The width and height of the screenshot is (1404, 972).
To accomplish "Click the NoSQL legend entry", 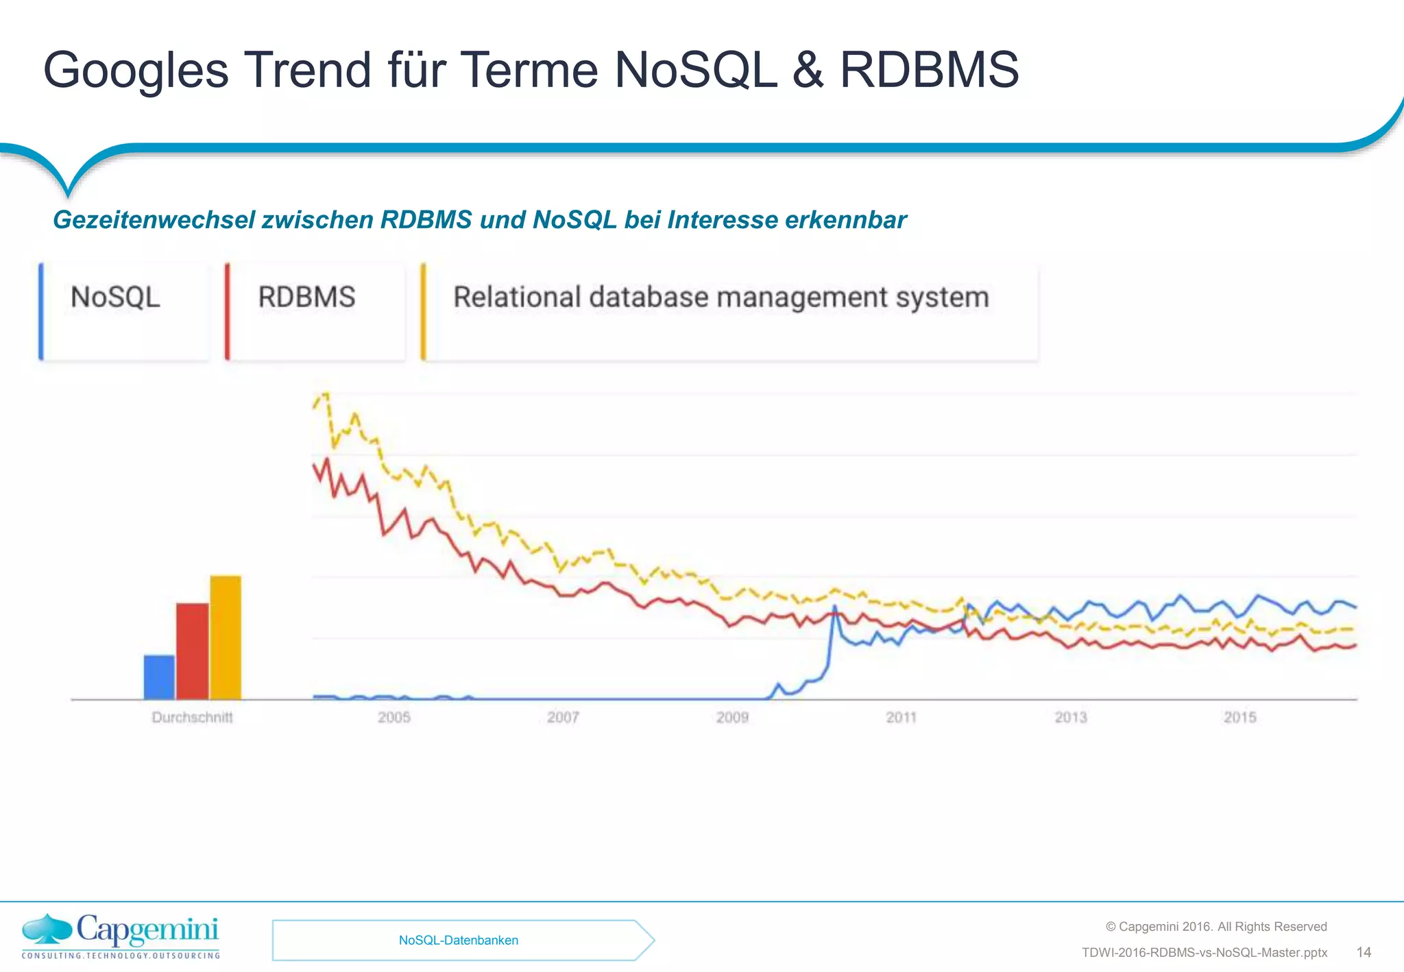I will (x=116, y=297).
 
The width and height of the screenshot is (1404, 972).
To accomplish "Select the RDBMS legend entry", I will (x=306, y=297).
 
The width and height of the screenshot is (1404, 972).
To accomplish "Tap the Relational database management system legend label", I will (x=721, y=297).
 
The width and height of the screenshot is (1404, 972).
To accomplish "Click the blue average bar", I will (x=159, y=677).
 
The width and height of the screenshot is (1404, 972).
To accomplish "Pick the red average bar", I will (x=192, y=651).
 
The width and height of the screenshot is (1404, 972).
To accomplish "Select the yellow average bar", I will (x=226, y=637).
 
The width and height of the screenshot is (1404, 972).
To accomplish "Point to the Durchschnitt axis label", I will (x=192, y=718).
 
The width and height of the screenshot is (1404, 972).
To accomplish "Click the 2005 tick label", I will (x=394, y=718).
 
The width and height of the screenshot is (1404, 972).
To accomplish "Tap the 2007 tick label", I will (x=563, y=718).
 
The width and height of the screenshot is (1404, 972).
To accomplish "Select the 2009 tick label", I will (x=732, y=718).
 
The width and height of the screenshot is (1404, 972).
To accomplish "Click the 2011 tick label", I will (x=901, y=718).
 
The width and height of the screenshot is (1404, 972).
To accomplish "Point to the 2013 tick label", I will (x=1070, y=718).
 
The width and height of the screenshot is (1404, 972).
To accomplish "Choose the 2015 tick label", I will (x=1239, y=718).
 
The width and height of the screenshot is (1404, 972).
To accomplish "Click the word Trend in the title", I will (x=308, y=70).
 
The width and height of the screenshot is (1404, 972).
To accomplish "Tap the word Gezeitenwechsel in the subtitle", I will (x=154, y=220).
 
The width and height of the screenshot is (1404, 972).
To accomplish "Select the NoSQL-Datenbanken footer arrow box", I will (x=459, y=940).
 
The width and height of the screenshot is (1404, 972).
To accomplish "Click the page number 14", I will (x=1364, y=952).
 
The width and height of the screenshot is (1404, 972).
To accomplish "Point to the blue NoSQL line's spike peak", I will (x=834, y=607).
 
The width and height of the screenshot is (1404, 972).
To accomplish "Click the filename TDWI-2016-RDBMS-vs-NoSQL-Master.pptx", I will (x=1204, y=953).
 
